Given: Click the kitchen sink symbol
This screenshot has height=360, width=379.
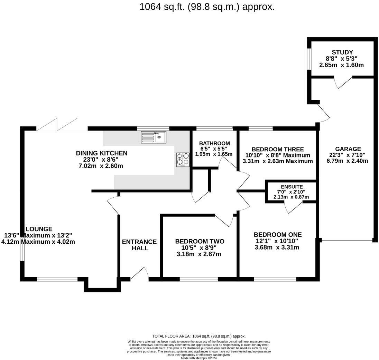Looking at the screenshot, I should click(x=154, y=137).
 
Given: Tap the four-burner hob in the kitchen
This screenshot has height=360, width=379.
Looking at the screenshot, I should click(x=183, y=160).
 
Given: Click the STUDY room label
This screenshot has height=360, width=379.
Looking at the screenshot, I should click(x=342, y=52).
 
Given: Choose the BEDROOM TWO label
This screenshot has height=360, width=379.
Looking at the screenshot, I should click(x=200, y=241).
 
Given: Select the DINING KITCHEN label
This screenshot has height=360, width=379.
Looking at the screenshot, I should click(x=102, y=153).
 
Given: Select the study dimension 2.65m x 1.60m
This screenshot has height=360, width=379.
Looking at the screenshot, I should click(x=342, y=65).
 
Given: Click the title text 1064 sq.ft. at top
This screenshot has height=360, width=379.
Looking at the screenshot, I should click(x=207, y=7).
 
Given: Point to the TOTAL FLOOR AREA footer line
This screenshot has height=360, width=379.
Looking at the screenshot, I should click(x=199, y=336).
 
